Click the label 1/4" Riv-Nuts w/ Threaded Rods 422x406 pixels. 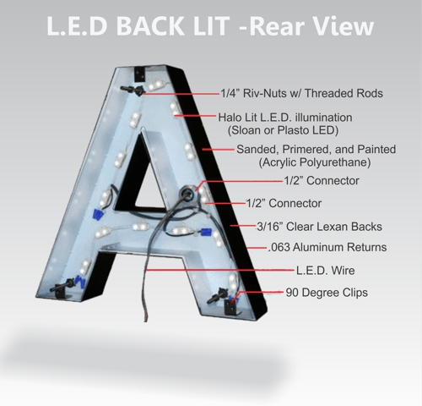[301, 93]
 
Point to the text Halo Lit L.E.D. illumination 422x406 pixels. [285, 118]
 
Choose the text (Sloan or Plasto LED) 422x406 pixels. [283, 130]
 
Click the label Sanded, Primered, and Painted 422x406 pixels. [316, 149]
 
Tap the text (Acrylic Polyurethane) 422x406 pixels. [315, 162]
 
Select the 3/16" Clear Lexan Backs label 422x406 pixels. [319, 227]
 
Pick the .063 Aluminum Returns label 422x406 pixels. [327, 247]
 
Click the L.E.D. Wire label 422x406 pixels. [325, 271]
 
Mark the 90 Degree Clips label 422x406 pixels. [327, 293]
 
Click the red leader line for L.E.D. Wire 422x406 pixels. [221, 270]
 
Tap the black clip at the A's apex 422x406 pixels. [140, 74]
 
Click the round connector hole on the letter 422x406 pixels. [187, 193]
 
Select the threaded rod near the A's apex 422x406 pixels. [133, 90]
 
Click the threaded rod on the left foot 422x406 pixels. [62, 286]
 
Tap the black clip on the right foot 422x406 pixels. [231, 308]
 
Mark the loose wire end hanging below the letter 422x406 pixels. [145, 317]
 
